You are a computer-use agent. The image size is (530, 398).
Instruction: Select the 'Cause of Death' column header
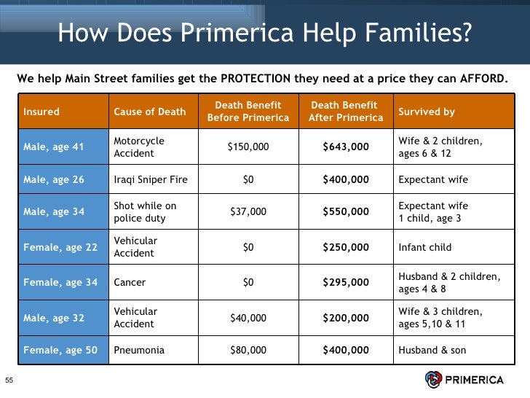pos(149,112)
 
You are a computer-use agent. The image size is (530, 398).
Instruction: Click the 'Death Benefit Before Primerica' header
pos(248,112)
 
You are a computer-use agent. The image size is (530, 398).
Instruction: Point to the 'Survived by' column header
pos(427,112)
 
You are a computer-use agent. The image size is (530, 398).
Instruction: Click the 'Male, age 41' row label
pos(54,147)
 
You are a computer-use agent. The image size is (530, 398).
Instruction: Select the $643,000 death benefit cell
pos(345,147)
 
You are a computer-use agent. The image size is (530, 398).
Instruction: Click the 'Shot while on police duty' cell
pos(145,212)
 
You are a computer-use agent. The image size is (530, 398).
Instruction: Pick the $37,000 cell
pos(248,212)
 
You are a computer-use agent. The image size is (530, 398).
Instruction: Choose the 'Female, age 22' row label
pos(60,247)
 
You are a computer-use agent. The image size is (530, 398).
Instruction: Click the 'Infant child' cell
pos(424,247)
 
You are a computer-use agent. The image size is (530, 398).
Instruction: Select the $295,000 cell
pos(345,282)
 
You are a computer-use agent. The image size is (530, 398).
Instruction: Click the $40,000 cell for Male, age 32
pos(248,318)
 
